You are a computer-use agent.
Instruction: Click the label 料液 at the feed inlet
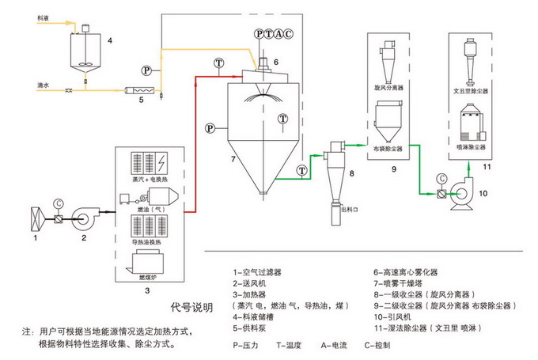point(44,14)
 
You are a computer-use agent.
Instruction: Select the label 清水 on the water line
point(44,82)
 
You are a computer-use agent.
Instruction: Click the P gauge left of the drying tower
point(209,127)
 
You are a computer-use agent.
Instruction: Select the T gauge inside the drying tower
point(282,119)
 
